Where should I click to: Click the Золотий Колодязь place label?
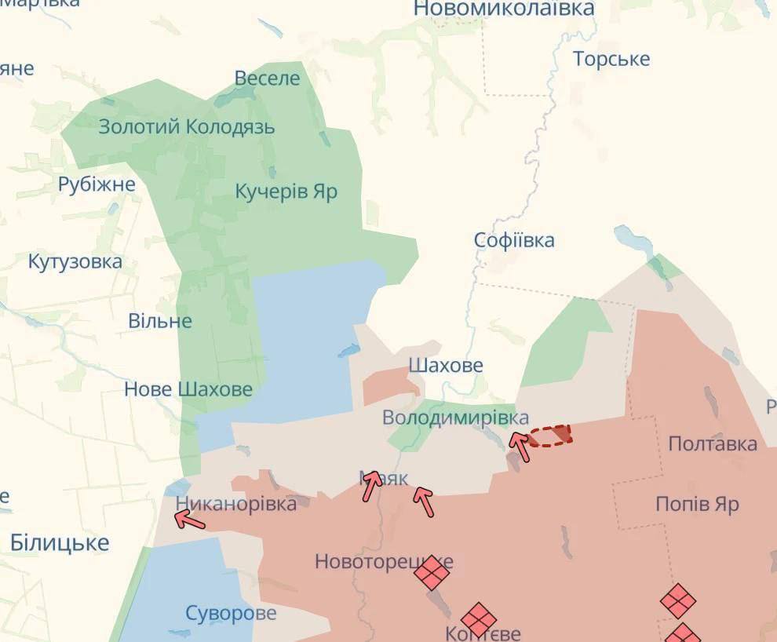click(x=186, y=126)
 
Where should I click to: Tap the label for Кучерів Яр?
click(x=286, y=191)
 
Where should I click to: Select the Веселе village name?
click(x=268, y=78)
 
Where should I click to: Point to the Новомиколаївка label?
click(x=504, y=9)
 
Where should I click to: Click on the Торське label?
click(x=611, y=59)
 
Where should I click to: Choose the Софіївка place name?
click(x=514, y=240)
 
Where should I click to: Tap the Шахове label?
click(x=446, y=365)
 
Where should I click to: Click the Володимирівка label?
click(x=455, y=418)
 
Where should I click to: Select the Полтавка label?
click(x=713, y=443)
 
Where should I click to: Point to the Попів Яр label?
click(x=697, y=503)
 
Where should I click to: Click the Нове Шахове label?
click(x=188, y=388)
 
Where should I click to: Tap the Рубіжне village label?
click(x=97, y=184)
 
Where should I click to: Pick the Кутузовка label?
click(x=75, y=261)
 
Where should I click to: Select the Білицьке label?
click(x=60, y=542)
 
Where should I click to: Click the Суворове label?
click(x=231, y=612)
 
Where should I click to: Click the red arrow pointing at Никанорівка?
click(x=189, y=519)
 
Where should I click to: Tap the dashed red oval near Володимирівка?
click(x=549, y=436)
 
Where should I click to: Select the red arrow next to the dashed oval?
click(x=520, y=447)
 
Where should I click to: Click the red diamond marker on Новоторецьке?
click(x=432, y=572)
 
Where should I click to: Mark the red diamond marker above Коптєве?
click(x=479, y=620)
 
